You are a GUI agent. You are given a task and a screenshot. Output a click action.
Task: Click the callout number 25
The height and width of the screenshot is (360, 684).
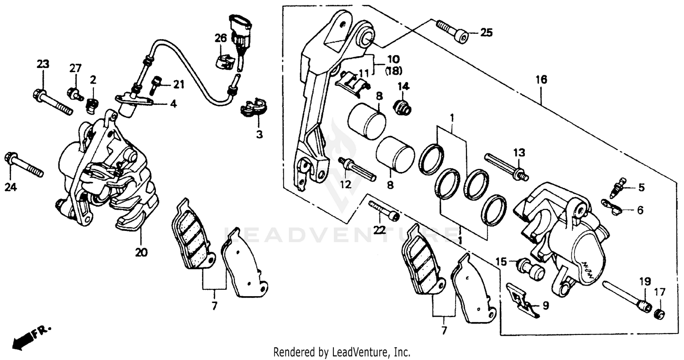(486, 32)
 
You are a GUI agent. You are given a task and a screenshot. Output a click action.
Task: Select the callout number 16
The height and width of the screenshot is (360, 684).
(541, 80)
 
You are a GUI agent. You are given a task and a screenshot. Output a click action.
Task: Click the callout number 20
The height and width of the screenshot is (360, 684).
(141, 252)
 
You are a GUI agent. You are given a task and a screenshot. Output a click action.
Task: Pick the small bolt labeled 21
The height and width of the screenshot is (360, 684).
(155, 84)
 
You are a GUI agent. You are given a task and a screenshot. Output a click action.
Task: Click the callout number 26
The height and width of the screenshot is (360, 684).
(221, 38)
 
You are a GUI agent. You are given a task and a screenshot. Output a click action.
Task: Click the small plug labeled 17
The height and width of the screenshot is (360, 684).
(658, 313)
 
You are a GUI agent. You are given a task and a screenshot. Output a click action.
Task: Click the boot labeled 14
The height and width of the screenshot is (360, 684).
(402, 108)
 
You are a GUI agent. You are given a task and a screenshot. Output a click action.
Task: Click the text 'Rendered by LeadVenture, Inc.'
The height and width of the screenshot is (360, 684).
(342, 352)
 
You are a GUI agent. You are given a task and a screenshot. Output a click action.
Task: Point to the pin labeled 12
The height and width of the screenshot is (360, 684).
(357, 168)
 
